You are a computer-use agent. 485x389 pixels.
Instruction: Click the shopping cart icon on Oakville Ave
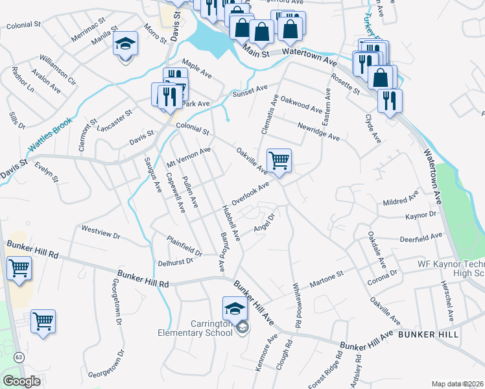click(x=279, y=160)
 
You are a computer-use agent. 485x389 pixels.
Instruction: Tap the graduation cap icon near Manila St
click(x=126, y=44)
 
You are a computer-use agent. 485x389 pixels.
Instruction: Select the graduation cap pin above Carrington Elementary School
click(x=235, y=308)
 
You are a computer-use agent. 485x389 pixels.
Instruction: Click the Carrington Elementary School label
click(x=195, y=328)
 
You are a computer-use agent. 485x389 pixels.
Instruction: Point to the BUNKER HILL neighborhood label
click(x=428, y=335)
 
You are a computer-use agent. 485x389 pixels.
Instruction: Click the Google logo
click(x=21, y=381)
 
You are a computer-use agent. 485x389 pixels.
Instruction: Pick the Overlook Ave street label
click(x=250, y=193)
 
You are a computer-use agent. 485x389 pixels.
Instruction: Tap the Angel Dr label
click(x=265, y=223)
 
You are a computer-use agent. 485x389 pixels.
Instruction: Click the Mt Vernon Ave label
click(x=189, y=156)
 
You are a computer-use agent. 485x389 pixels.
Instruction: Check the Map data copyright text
click(x=456, y=384)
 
